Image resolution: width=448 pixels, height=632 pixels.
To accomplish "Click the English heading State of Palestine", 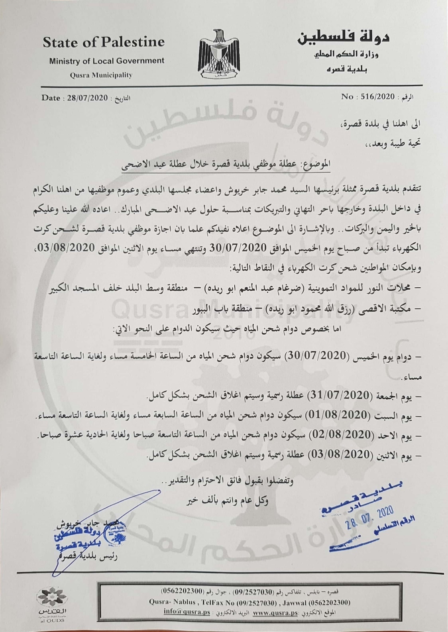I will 104,42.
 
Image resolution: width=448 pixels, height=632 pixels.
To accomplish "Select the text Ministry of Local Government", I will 106,61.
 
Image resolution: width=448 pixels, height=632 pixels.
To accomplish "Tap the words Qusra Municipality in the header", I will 101,75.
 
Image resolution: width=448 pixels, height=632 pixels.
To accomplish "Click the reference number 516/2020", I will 377,97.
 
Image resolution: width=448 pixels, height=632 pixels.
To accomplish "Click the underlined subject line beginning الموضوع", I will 226,165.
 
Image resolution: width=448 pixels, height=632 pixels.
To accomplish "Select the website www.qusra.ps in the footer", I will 275,612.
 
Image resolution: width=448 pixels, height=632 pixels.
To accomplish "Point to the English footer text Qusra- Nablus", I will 173,602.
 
